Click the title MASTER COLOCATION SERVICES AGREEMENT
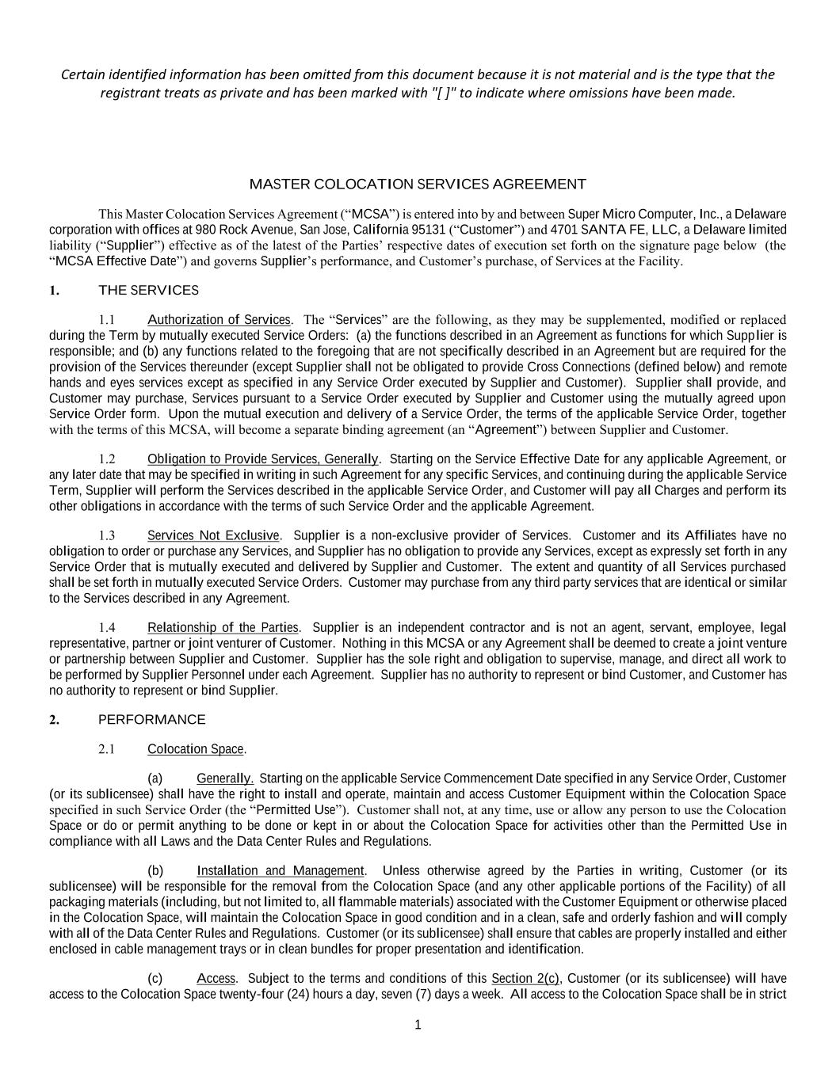(418, 185)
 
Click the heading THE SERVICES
(148, 291)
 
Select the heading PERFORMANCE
(151, 720)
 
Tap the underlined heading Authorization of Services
(219, 320)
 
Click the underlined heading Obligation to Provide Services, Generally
(263, 459)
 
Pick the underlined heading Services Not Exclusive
(213, 536)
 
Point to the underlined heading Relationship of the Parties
(223, 628)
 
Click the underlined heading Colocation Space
(196, 749)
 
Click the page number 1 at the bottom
(418, 1026)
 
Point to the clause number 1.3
(107, 536)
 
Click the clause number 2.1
(107, 749)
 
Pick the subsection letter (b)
(155, 871)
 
